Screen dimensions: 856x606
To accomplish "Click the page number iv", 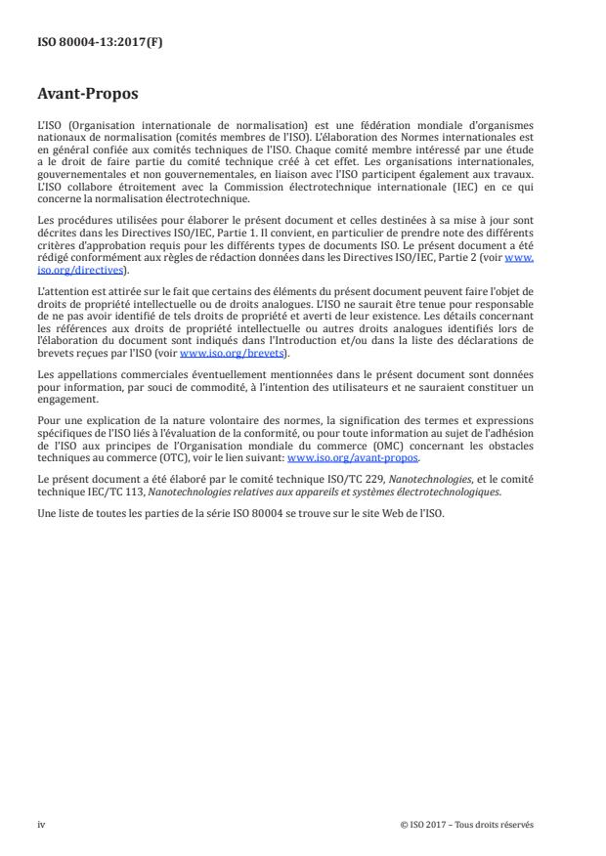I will coord(41,824).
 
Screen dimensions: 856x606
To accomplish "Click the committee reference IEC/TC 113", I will coord(99,492).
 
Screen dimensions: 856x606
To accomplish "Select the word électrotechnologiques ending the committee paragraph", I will coord(452,492).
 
